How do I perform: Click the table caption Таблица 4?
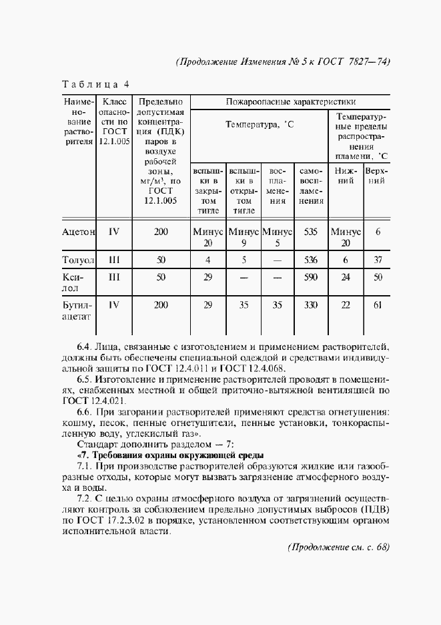[x=95, y=85]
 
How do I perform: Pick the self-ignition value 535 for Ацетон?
[x=310, y=232]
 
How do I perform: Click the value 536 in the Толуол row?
[x=310, y=260]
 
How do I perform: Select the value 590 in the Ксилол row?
[x=310, y=277]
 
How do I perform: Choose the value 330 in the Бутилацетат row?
[x=310, y=305]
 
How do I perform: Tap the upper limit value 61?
[x=378, y=305]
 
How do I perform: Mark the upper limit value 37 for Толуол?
[x=378, y=260]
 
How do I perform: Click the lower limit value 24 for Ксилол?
[x=346, y=277]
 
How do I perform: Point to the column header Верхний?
[x=377, y=176]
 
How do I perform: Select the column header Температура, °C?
[x=260, y=125]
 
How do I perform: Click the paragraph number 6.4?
[x=85, y=347]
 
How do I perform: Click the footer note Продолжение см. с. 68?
[x=338, y=547]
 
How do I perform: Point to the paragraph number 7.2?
[x=85, y=497]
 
